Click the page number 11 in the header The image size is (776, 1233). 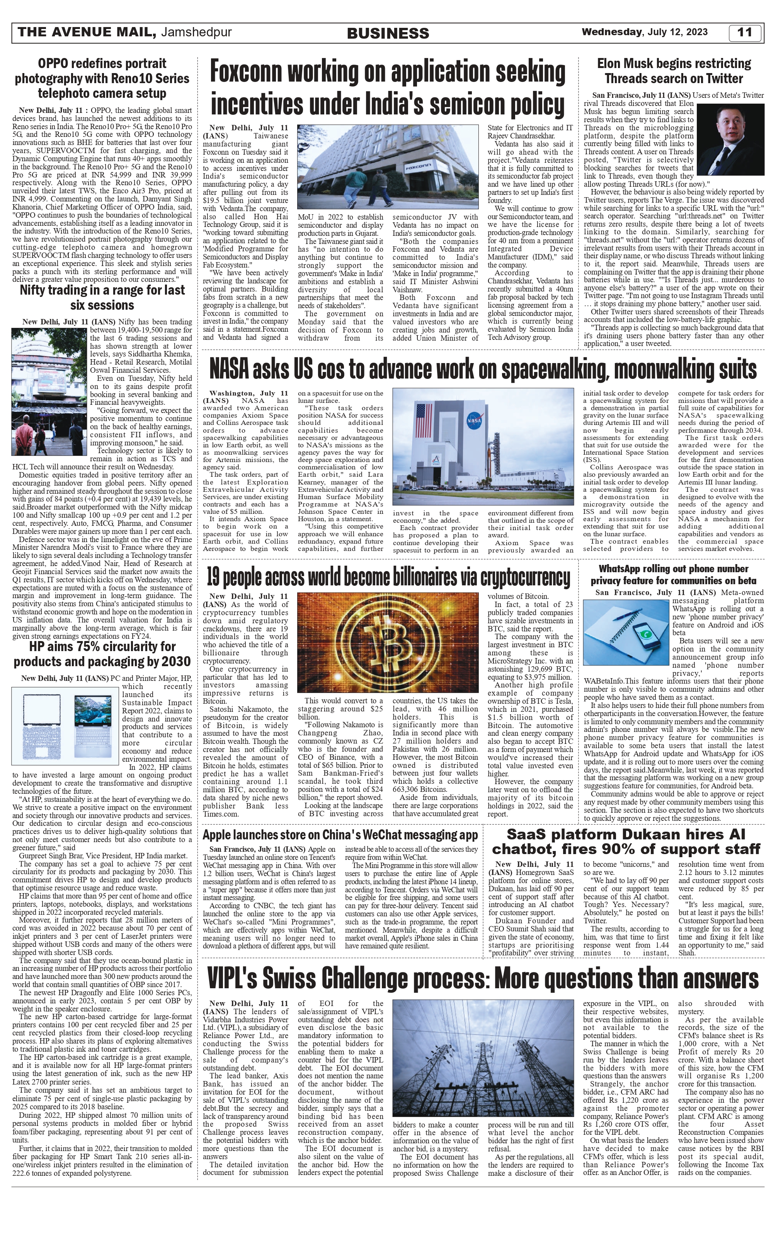pos(745,33)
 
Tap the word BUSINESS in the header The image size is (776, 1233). pos(388,34)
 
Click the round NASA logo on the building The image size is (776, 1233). pos(473,423)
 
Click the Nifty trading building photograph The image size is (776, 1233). pos(49,392)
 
